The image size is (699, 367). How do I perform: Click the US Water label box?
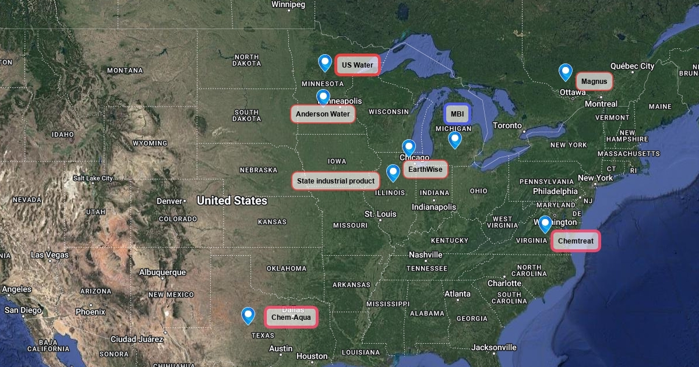click(358, 65)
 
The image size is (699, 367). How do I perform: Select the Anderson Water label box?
click(323, 114)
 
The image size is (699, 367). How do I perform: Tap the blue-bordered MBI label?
click(457, 114)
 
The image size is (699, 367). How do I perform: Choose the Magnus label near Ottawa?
click(594, 81)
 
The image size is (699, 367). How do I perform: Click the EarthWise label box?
click(425, 170)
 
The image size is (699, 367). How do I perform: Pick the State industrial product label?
click(336, 181)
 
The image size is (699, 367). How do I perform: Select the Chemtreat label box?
click(576, 240)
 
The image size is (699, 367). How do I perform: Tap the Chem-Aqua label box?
click(291, 317)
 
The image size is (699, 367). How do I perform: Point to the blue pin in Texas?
click(248, 315)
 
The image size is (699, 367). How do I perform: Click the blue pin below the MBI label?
click(454, 139)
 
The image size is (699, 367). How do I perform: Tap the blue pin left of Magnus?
click(565, 72)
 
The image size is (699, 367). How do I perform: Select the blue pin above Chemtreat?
click(545, 224)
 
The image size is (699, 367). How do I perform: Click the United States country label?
click(232, 201)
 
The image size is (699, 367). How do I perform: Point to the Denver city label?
click(170, 201)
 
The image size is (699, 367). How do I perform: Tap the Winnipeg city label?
click(288, 5)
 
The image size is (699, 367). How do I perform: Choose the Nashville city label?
click(425, 255)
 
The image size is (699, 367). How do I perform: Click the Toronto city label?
click(507, 125)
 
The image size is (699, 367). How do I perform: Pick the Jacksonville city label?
click(494, 347)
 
